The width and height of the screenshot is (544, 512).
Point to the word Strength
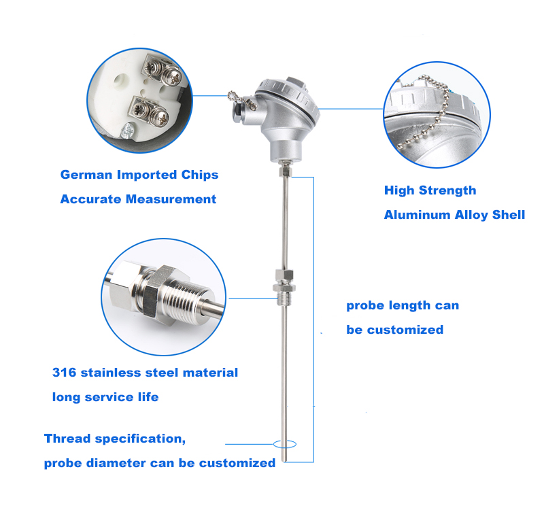pyautogui.click(x=449, y=190)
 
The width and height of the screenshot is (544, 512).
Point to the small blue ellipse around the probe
pyautogui.click(x=285, y=444)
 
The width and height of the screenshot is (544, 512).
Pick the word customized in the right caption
pyautogui.click(x=405, y=330)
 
